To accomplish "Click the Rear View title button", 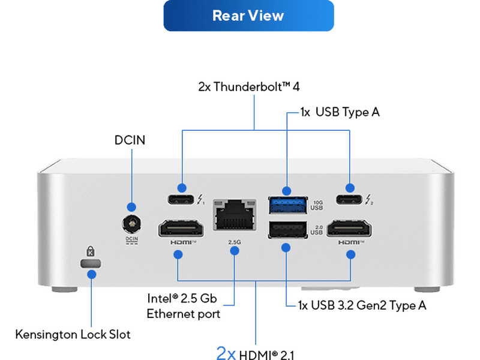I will tap(248, 16).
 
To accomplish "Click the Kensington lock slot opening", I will tap(91, 263).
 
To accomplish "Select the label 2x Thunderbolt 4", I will tap(249, 87).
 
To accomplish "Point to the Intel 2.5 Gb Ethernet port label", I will tap(184, 305).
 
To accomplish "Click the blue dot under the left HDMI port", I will tap(178, 254).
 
